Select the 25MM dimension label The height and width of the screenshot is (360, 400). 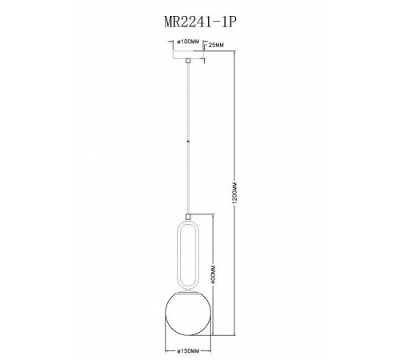(x=213, y=46)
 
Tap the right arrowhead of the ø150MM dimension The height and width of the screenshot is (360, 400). (x=208, y=344)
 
